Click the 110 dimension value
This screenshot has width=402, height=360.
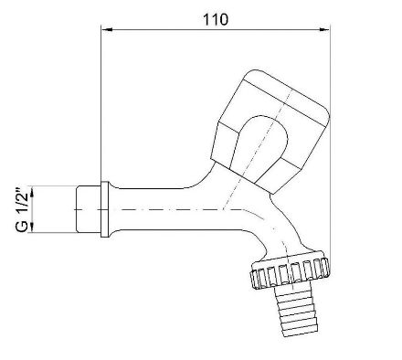pos(216,19)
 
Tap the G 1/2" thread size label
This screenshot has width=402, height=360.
pos(23,209)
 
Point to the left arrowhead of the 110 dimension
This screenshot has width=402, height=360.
pos(107,29)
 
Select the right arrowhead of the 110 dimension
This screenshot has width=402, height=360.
pos(324,29)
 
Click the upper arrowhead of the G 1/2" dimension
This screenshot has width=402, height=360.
pos(32,192)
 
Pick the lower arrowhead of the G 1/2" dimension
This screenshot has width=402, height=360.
pos(32,227)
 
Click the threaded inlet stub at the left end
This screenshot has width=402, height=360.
pos(89,209)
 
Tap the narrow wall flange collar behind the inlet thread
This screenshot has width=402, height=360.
pos(105,209)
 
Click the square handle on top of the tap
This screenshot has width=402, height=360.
pos(270,132)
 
